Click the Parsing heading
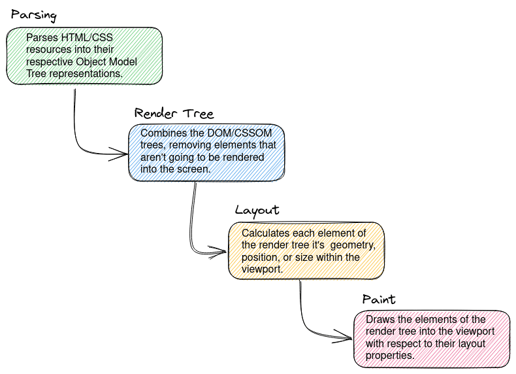pos(34,15)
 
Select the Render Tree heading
pos(173,113)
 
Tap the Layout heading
pos(257,211)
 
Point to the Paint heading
pos(379,299)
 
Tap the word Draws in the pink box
pos(379,319)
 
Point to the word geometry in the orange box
pos(352,245)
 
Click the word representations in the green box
pos(82,73)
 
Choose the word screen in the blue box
pos(194,169)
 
